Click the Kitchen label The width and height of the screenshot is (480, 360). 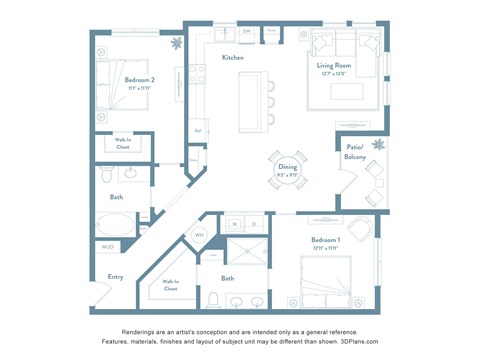(x=233, y=58)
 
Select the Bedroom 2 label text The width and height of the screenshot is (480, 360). (x=139, y=79)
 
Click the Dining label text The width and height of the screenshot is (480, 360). (x=287, y=168)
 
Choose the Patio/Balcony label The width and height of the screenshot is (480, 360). (x=354, y=153)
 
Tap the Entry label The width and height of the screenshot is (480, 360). (x=115, y=277)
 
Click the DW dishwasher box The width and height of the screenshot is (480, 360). (x=246, y=32)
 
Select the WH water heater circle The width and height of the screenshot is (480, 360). (x=199, y=235)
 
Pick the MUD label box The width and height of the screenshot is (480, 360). (x=107, y=246)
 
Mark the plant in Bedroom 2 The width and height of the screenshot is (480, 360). (x=176, y=43)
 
